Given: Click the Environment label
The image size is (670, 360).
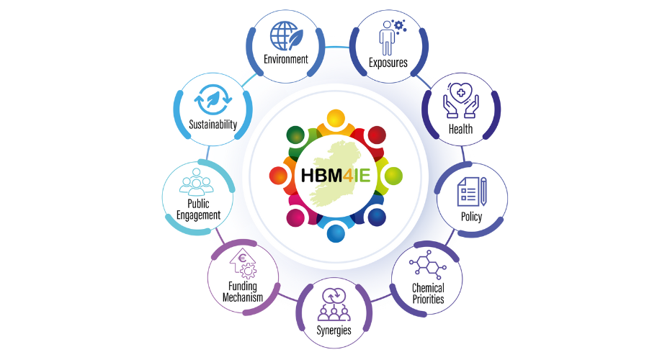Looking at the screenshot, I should click(x=286, y=58).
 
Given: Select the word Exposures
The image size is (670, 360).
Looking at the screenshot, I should click(x=388, y=63).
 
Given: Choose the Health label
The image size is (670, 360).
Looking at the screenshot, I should click(x=460, y=130).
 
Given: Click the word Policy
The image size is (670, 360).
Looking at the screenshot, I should click(x=471, y=217).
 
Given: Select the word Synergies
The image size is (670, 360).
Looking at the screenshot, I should click(x=334, y=330).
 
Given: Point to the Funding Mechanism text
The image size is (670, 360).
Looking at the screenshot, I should click(x=242, y=292).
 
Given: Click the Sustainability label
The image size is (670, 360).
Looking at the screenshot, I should click(x=213, y=125).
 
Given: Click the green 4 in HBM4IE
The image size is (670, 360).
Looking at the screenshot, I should click(x=347, y=176).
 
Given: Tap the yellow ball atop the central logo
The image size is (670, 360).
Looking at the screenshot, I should click(x=336, y=119).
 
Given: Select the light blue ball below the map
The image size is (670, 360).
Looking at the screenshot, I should click(x=336, y=233).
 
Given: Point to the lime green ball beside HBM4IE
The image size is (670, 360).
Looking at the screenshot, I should click(x=393, y=176).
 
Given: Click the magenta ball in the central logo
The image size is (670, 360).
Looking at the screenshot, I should click(x=295, y=217).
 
